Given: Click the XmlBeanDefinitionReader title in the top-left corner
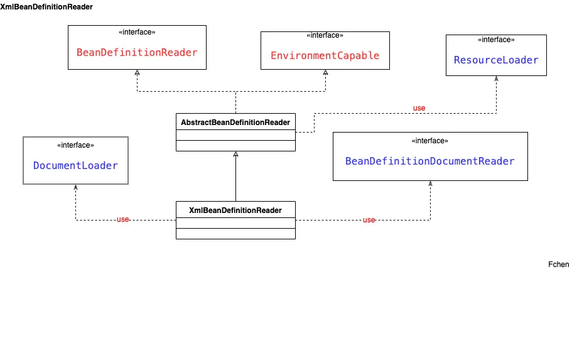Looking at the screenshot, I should [x=46, y=7].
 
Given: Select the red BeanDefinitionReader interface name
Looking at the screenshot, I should [x=137, y=52].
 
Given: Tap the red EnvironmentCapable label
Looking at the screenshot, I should [x=325, y=55].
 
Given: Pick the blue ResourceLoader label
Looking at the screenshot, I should [x=496, y=60].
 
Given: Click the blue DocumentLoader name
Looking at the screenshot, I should [x=75, y=165].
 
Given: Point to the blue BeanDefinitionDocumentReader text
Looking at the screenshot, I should [x=429, y=161].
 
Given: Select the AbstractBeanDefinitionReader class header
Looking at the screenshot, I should [x=235, y=122].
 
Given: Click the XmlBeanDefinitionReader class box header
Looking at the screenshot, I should [x=235, y=210].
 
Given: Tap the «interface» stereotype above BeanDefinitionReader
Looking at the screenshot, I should [x=137, y=32].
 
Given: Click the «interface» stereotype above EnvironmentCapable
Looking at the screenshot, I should [x=325, y=35].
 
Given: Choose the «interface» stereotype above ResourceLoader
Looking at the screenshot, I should [x=496, y=40].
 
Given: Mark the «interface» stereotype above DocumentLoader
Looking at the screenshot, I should [x=75, y=145].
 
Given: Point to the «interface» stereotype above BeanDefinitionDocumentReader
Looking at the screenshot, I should [x=429, y=141].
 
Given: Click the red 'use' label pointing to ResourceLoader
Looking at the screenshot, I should [x=419, y=108].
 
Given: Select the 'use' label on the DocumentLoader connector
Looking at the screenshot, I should [x=122, y=219].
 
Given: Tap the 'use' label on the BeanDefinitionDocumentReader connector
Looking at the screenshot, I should [x=369, y=220].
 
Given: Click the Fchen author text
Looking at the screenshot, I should [x=558, y=265].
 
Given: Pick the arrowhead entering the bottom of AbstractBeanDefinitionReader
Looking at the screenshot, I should [x=235, y=154].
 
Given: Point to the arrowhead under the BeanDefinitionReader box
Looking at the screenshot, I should [x=137, y=72].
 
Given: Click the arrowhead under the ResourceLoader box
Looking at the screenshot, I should [x=496, y=79].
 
